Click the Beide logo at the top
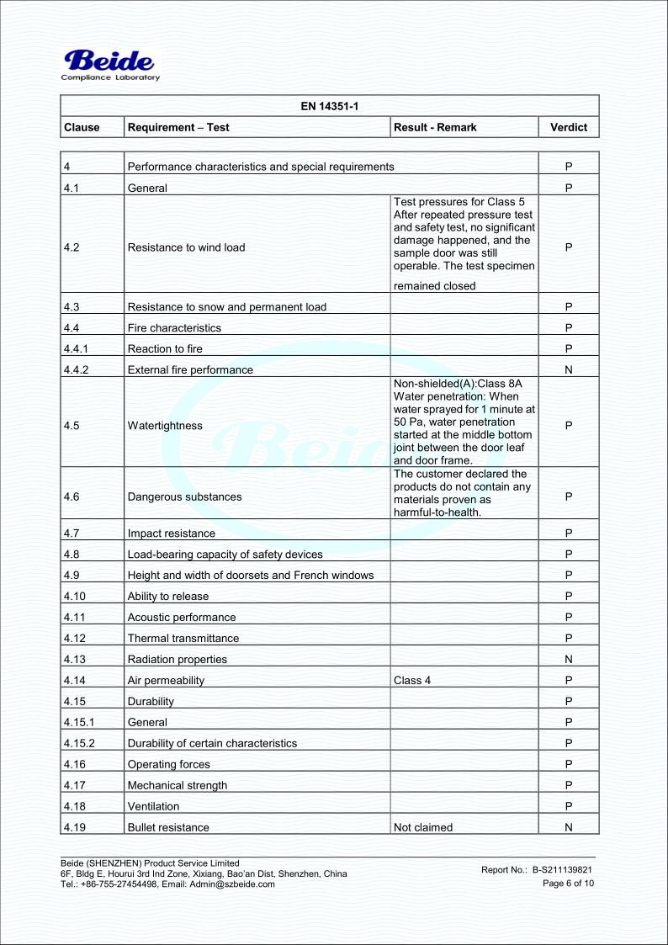click(110, 61)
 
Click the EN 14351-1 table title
click(329, 106)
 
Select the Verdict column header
click(568, 128)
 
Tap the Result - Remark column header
click(435, 128)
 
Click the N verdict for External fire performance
click(568, 369)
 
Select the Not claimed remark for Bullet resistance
click(423, 827)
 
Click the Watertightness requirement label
click(165, 426)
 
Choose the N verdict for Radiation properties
click(568, 659)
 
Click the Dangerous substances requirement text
click(184, 496)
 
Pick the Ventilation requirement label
click(154, 806)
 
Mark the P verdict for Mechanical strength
click(568, 785)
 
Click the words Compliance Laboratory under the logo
click(111, 78)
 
